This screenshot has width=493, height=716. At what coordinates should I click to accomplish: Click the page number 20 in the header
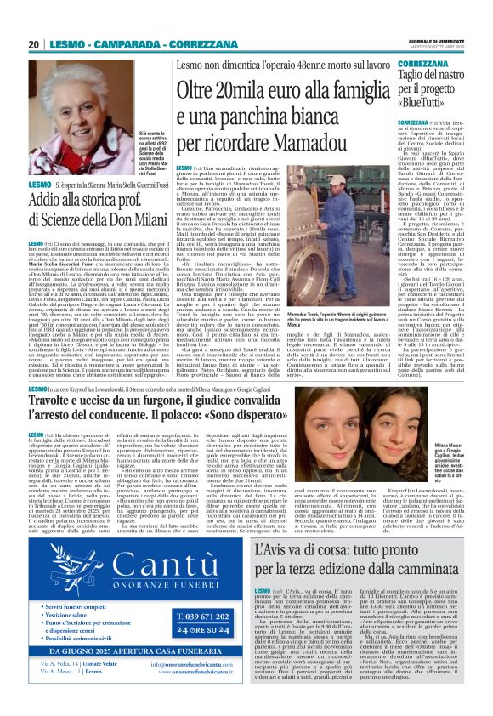pos(33,44)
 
